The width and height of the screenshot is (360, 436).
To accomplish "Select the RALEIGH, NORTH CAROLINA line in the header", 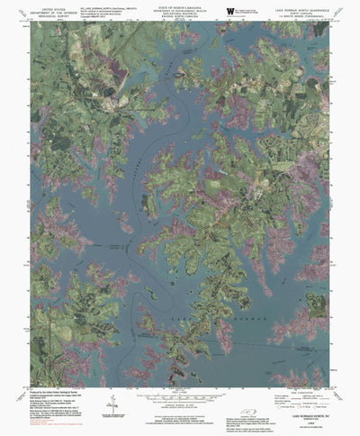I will (x=180, y=22).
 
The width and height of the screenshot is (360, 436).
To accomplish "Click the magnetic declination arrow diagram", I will (x=111, y=396).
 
